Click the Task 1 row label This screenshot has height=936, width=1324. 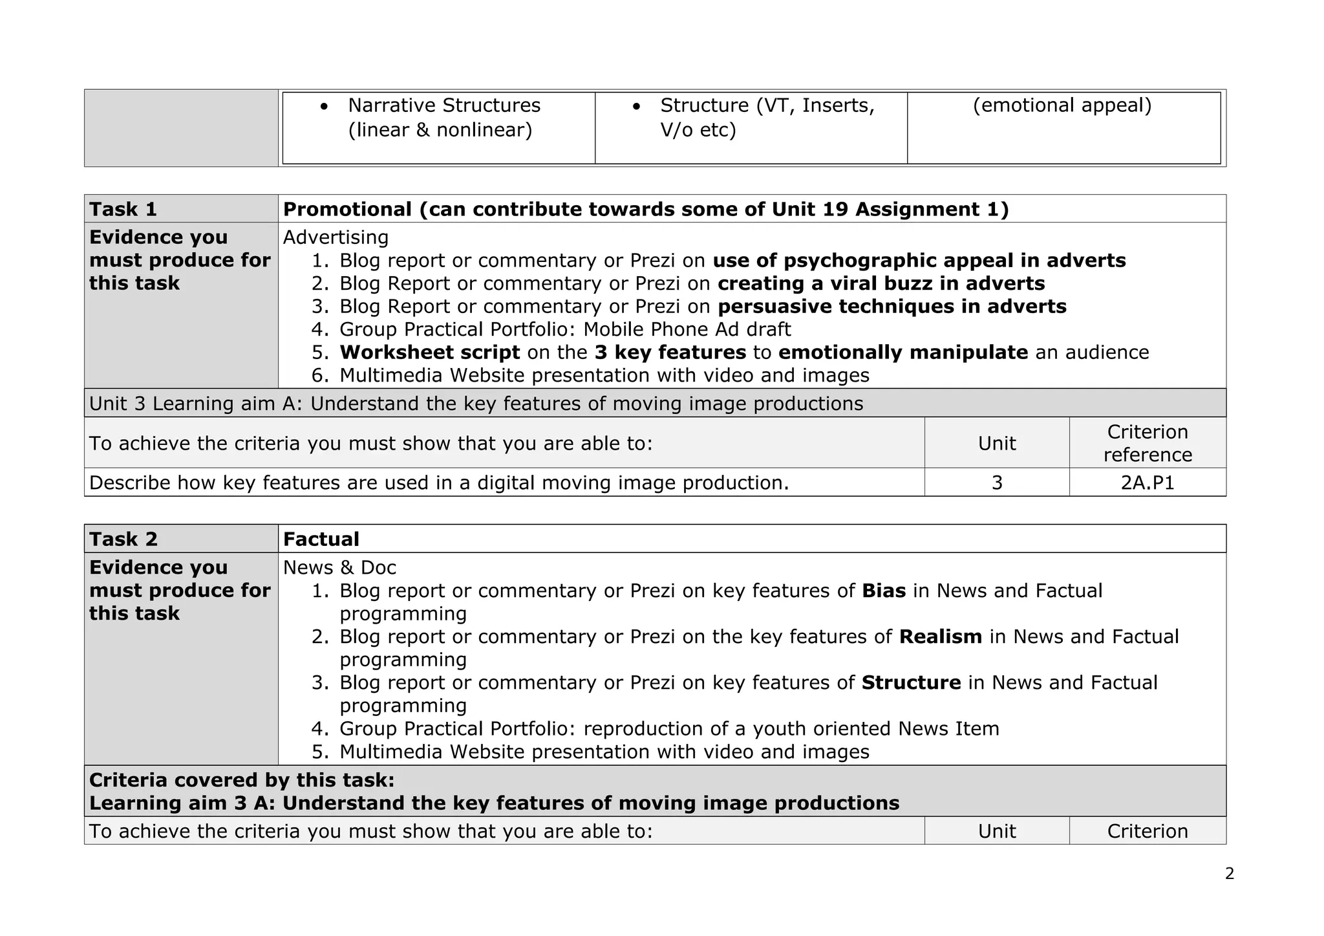[x=123, y=209]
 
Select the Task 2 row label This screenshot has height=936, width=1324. [x=123, y=539]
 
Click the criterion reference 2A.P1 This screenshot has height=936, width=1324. [x=1147, y=483]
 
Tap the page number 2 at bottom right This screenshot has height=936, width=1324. [x=1229, y=874]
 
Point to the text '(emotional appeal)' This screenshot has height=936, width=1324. [x=1062, y=105]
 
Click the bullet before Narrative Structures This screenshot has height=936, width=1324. [x=325, y=106]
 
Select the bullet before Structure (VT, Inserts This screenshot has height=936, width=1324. [x=637, y=106]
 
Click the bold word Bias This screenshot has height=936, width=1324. [x=883, y=591]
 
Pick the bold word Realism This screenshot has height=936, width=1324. [x=940, y=637]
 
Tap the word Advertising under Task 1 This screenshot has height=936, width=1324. [x=336, y=237]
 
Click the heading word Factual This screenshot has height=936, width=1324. [x=321, y=539]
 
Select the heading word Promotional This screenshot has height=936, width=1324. [x=347, y=209]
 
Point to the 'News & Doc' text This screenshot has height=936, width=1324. [x=339, y=567]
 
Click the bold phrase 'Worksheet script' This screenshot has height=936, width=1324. [x=429, y=353]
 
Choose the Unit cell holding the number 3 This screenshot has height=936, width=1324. [x=996, y=483]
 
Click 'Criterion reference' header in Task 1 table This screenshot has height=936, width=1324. [x=1147, y=443]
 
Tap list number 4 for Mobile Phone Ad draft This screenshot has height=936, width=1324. [x=321, y=329]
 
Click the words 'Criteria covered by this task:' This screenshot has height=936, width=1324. [x=242, y=780]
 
